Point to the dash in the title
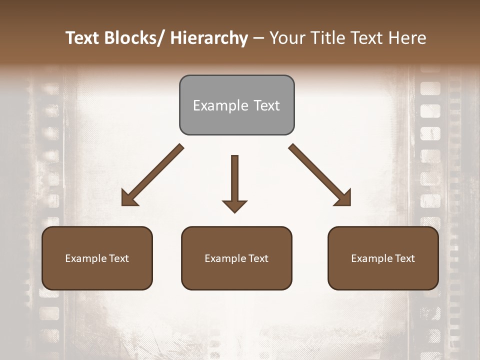pyautogui.click(x=258, y=38)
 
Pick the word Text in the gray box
pyautogui.click(x=266, y=106)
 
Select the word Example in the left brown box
pyautogui.click(x=86, y=258)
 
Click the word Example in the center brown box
pyautogui.click(x=226, y=258)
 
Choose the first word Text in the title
pyautogui.click(x=83, y=38)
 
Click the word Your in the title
pyautogui.click(x=286, y=38)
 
